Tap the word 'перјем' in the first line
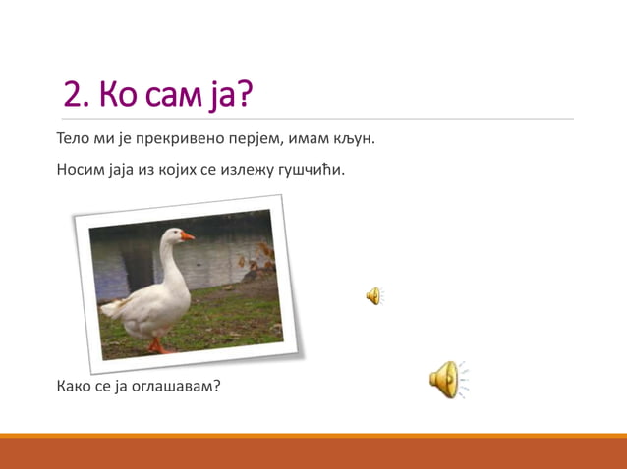tap(257, 138)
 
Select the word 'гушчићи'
tap(313, 169)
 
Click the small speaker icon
tap(373, 296)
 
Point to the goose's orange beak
tap(187, 235)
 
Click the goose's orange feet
tap(160, 346)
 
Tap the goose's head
tap(173, 234)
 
